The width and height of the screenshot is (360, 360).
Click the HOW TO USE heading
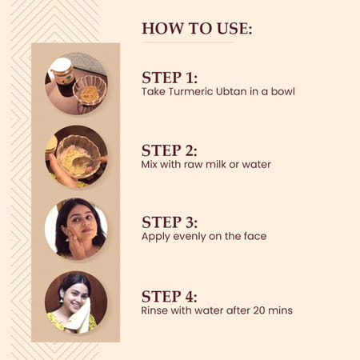pyautogui.click(x=197, y=29)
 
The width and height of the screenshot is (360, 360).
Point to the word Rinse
pyautogui.click(x=156, y=310)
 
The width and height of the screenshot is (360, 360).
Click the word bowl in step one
pyautogui.click(x=281, y=92)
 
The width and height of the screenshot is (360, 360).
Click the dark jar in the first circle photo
pyautogui.click(x=62, y=76)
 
